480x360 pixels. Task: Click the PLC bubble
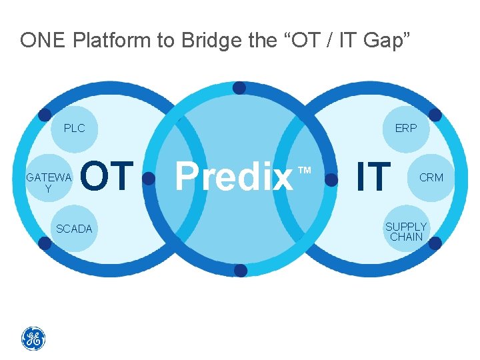pyautogui.click(x=74, y=128)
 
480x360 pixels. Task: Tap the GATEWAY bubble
pyautogui.click(x=47, y=183)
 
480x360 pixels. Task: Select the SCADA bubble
pyautogui.click(x=74, y=229)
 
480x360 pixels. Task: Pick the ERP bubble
pyautogui.click(x=405, y=128)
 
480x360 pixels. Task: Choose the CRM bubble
pyautogui.click(x=431, y=177)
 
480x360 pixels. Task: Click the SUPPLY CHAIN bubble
pyautogui.click(x=406, y=231)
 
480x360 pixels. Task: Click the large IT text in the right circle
pyautogui.click(x=373, y=177)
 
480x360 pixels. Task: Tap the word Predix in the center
pyautogui.click(x=234, y=177)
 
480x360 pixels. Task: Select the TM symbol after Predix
pyautogui.click(x=305, y=171)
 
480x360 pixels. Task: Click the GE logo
pyautogui.click(x=33, y=339)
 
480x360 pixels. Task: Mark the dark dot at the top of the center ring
pyautogui.click(x=240, y=88)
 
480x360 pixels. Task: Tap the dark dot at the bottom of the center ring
pyautogui.click(x=240, y=270)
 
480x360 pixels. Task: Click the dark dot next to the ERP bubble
pyautogui.click(x=435, y=115)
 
